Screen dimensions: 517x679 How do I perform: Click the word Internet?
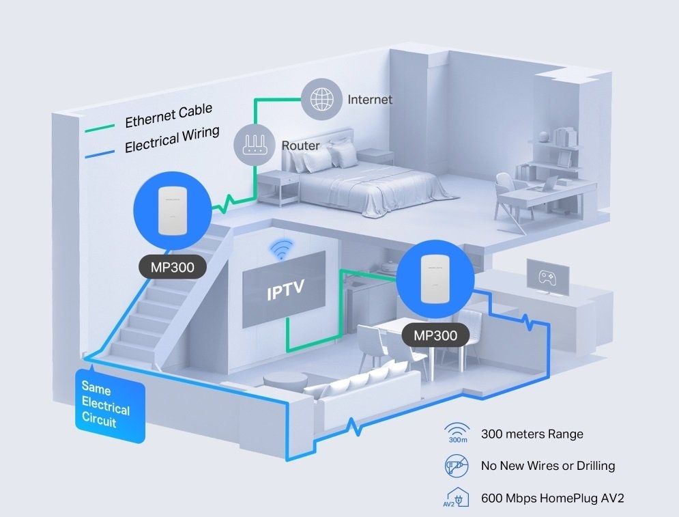click(370, 100)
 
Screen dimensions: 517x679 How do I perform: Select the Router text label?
click(300, 146)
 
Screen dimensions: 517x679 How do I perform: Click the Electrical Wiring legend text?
click(172, 139)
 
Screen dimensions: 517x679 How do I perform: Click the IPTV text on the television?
click(285, 294)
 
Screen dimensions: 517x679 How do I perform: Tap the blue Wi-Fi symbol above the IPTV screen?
click(278, 251)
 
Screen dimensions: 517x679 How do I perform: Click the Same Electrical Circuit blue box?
click(109, 404)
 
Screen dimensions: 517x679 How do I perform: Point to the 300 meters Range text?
click(532, 434)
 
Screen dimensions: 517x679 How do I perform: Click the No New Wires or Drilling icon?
click(457, 466)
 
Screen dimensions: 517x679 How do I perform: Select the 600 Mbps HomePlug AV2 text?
click(553, 498)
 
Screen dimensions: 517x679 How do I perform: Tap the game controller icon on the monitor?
click(547, 278)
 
